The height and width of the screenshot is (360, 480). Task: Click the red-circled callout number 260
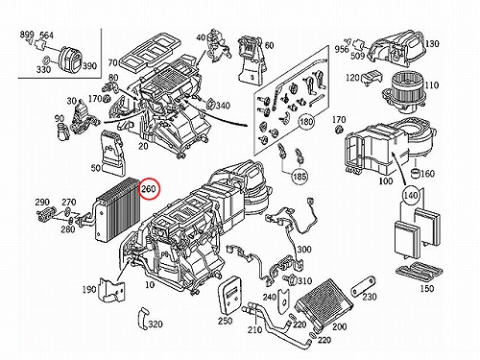point(149,189)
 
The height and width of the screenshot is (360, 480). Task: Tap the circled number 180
point(306,122)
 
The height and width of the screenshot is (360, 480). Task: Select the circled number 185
point(299,177)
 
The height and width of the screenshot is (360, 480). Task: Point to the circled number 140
point(411,195)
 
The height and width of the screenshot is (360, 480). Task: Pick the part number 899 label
point(27,35)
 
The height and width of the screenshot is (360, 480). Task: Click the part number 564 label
point(46,36)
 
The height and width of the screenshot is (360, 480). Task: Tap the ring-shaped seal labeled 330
point(46,60)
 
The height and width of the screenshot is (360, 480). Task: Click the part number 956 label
point(342,49)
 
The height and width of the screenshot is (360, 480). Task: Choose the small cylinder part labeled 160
point(415,173)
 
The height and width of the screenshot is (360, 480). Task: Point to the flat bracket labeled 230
point(363,286)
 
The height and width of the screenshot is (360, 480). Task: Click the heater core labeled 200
point(324,303)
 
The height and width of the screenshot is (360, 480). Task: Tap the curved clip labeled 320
point(142,319)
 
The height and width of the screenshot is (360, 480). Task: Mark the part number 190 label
point(89,289)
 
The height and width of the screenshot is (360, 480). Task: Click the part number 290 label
point(42,203)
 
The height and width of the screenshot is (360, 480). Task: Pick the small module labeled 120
point(372,76)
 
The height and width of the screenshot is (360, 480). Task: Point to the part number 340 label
point(223,106)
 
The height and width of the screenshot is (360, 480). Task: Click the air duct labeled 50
point(113,154)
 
